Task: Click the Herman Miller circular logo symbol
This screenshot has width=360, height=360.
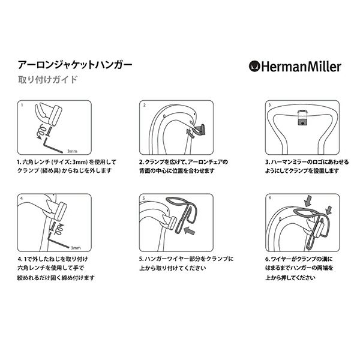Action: tap(254, 67)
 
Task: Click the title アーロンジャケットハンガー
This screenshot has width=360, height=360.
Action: tap(75, 65)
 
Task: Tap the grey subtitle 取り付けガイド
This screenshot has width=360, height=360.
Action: tap(48, 80)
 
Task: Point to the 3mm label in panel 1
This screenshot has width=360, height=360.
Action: tap(72, 151)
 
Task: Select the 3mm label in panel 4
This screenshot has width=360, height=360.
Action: tap(76, 248)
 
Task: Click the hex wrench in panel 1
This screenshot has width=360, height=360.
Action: tap(52, 145)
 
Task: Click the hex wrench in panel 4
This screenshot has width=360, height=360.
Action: tap(58, 241)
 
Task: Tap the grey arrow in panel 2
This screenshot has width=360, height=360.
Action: tap(190, 133)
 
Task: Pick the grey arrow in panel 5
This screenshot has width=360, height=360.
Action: tap(190, 230)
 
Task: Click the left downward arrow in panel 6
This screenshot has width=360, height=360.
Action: tap(307, 200)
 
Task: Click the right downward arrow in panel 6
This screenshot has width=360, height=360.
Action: tap(329, 210)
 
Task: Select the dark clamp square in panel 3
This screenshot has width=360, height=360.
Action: tap(303, 122)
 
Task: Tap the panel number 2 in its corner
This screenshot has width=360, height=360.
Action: tap(145, 105)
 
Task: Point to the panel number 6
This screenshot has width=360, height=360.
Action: tap(270, 197)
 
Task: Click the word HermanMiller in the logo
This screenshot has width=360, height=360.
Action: tap(301, 67)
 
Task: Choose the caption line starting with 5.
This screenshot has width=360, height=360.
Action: tap(187, 259)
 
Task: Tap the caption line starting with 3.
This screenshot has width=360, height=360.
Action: tap(307, 162)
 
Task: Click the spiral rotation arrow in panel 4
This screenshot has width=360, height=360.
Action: tap(59, 229)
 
